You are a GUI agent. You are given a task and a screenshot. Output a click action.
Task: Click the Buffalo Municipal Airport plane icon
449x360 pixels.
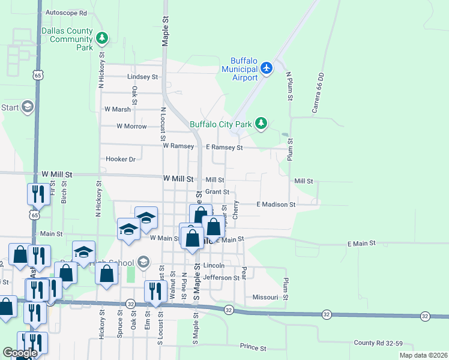[x=268, y=67]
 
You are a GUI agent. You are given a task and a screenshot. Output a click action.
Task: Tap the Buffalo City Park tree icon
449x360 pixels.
[x=261, y=124]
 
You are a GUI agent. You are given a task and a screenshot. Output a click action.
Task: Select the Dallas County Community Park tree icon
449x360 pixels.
[x=103, y=38]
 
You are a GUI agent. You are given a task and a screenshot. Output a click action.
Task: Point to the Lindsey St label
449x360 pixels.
[x=142, y=77]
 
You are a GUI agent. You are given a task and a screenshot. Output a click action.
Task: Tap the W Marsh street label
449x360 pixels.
[x=117, y=109]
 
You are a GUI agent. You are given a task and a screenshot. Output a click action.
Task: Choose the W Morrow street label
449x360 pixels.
[x=131, y=126]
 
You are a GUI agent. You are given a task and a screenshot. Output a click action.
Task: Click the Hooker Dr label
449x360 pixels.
[x=120, y=159]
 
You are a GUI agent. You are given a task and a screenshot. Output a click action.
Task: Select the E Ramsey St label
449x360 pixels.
[x=224, y=147]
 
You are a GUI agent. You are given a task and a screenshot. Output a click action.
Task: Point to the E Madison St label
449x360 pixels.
[x=276, y=205]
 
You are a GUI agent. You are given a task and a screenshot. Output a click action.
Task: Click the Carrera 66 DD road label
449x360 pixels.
[x=318, y=94]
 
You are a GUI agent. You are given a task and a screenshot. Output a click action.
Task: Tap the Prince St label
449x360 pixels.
[x=253, y=347]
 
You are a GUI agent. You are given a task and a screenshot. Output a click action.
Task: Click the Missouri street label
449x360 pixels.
[x=265, y=297]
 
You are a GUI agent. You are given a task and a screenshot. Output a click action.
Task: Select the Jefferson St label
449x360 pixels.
[x=221, y=278]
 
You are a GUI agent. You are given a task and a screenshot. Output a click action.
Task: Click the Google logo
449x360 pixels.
[x=20, y=353]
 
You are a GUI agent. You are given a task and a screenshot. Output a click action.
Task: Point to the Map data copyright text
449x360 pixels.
[x=423, y=355]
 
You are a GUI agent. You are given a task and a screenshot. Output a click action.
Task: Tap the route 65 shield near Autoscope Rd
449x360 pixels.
[x=38, y=76]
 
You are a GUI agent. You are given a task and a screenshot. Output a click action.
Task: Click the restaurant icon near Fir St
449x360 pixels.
[x=37, y=194]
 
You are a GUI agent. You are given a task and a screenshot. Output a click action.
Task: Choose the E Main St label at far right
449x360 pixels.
[x=361, y=244]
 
